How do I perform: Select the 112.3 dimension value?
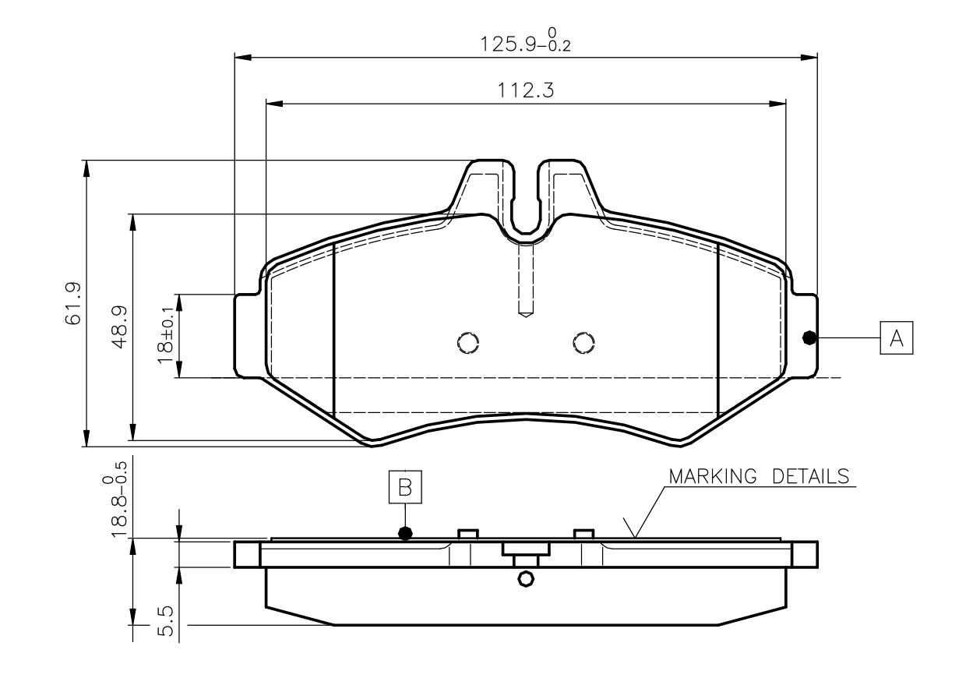pos(526,90)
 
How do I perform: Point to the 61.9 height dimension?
pos(72,303)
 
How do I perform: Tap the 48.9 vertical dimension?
pos(119,327)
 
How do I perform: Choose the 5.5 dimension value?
pos(165,621)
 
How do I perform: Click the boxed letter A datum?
pos(896,337)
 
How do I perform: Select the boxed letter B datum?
pos(405,487)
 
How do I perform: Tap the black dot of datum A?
pos(809,337)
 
